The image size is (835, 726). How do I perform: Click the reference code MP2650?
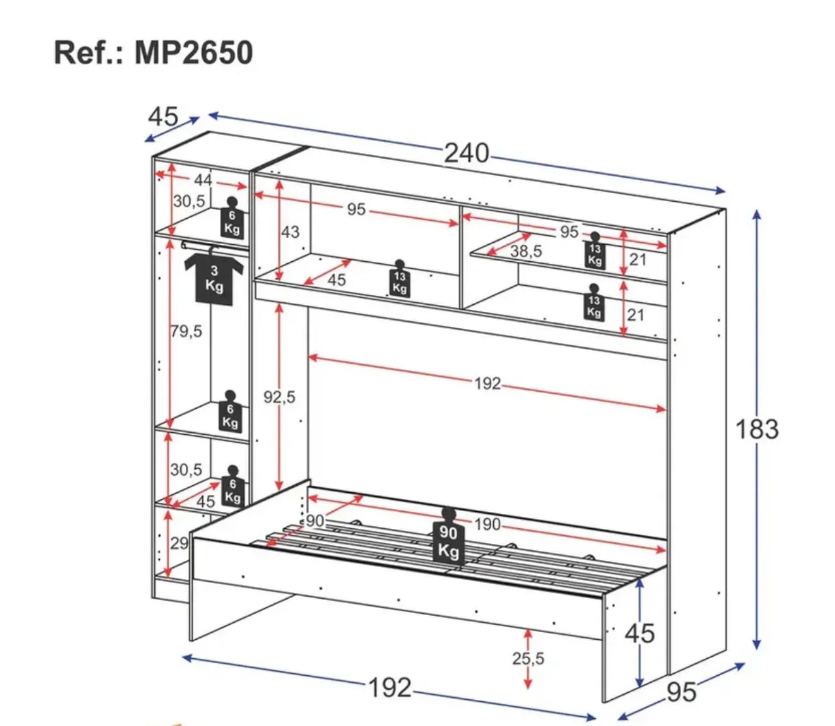point(194,53)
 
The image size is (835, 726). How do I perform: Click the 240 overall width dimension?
point(466,153)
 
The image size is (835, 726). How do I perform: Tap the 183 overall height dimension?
point(757,429)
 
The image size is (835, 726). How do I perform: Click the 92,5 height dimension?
point(279,396)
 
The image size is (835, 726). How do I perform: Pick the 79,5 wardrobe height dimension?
point(187,331)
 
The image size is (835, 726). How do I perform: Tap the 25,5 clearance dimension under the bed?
point(528,658)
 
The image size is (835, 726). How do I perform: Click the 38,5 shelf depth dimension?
point(526,251)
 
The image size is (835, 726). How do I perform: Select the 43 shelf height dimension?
point(290,232)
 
